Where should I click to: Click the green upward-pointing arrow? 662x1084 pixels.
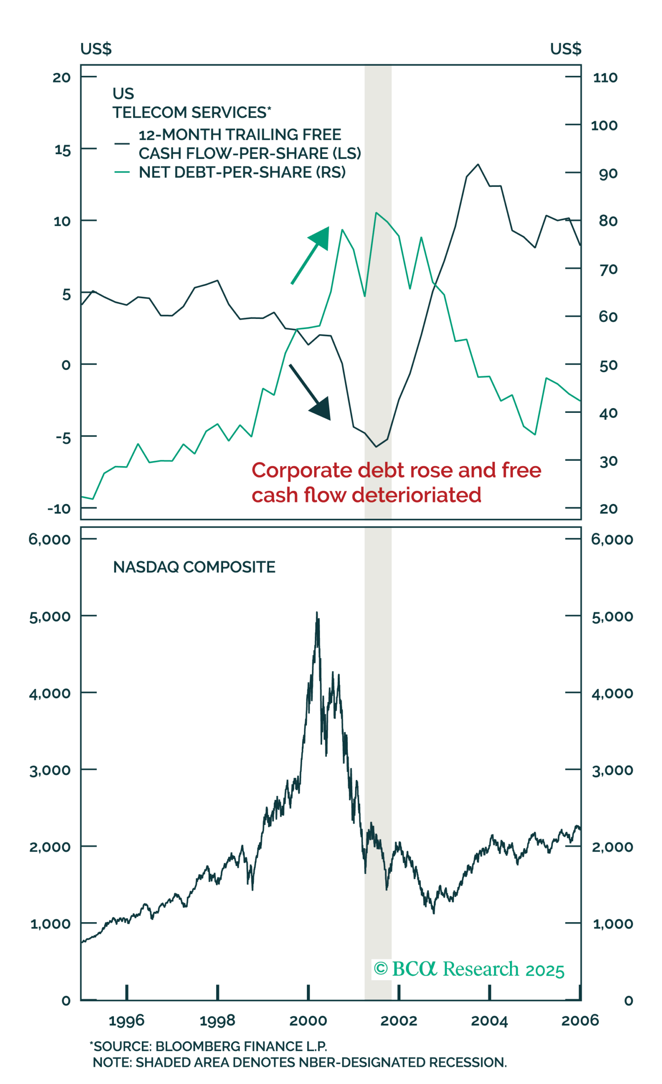pyautogui.click(x=310, y=256)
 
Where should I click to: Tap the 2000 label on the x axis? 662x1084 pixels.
pyautogui.click(x=308, y=1020)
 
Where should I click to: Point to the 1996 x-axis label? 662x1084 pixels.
pyautogui.click(x=127, y=1020)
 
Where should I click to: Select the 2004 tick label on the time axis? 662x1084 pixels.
pyautogui.click(x=489, y=1020)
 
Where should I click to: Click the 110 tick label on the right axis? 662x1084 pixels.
pyautogui.click(x=605, y=78)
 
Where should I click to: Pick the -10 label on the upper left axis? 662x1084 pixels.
pyautogui.click(x=59, y=509)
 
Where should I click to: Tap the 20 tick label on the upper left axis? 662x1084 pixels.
pyautogui.click(x=61, y=78)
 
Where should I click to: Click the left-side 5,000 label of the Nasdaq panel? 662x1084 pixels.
pyautogui.click(x=50, y=617)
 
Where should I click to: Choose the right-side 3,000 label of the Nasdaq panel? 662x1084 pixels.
pyautogui.click(x=612, y=771)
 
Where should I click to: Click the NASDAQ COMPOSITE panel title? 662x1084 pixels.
pyautogui.click(x=194, y=567)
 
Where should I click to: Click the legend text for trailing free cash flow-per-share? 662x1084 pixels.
pyautogui.click(x=250, y=144)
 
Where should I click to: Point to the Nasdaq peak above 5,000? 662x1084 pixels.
pyautogui.click(x=317, y=612)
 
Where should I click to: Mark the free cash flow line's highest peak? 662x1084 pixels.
pyautogui.click(x=478, y=165)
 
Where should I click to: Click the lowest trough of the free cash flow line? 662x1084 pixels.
pyautogui.click(x=376, y=447)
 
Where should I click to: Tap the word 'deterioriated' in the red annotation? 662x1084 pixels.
pyautogui.click(x=417, y=495)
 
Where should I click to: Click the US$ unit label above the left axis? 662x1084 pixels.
pyautogui.click(x=96, y=48)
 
